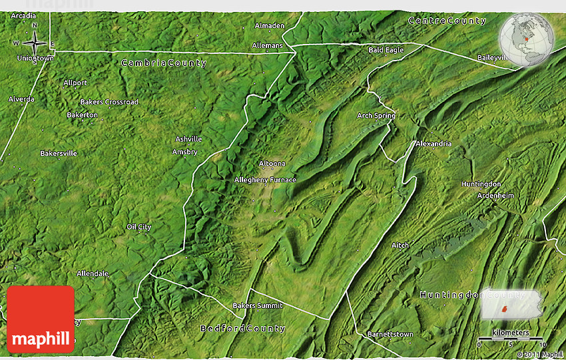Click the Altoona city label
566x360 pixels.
pyautogui.click(x=272, y=163)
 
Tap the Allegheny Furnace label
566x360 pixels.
pyautogui.click(x=265, y=180)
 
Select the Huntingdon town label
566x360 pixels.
pyautogui.click(x=481, y=184)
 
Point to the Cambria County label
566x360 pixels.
pyautogui.click(x=164, y=63)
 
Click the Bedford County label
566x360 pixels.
pyautogui.click(x=243, y=328)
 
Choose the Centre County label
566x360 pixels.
pyautogui.click(x=447, y=21)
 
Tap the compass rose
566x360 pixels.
pyautogui.click(x=35, y=43)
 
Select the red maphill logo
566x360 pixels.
pyautogui.click(x=41, y=319)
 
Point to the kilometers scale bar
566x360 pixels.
pyautogui.click(x=511, y=339)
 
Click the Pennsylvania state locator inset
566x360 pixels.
pyautogui.click(x=510, y=305)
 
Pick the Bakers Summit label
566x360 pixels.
pyautogui.click(x=257, y=305)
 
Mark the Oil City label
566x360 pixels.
pyautogui.click(x=139, y=227)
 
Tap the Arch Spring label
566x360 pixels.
pyautogui.click(x=376, y=116)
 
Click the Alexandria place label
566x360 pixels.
pyautogui.click(x=433, y=144)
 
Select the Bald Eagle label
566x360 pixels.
pyautogui.click(x=386, y=50)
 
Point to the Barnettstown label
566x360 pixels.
pyautogui.click(x=390, y=334)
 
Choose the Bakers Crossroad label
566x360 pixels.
pyautogui.click(x=109, y=102)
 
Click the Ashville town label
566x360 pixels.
pyautogui.click(x=188, y=139)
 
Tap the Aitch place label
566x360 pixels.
pyautogui.click(x=400, y=246)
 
